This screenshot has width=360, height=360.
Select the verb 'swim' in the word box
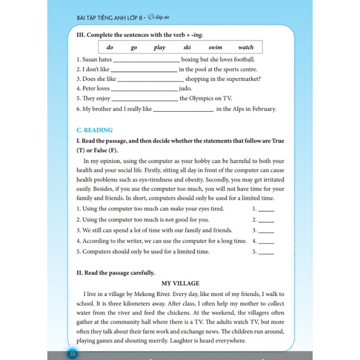pos(215,47)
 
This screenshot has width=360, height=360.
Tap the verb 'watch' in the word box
pos(245,47)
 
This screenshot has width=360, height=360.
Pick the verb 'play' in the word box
pos(159,47)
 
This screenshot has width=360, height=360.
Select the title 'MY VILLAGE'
pos(180,283)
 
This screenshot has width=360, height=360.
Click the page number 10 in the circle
pos(72,354)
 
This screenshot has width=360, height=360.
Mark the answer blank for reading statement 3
pos(266,232)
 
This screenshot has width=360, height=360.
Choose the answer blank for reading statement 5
pos(266,252)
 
